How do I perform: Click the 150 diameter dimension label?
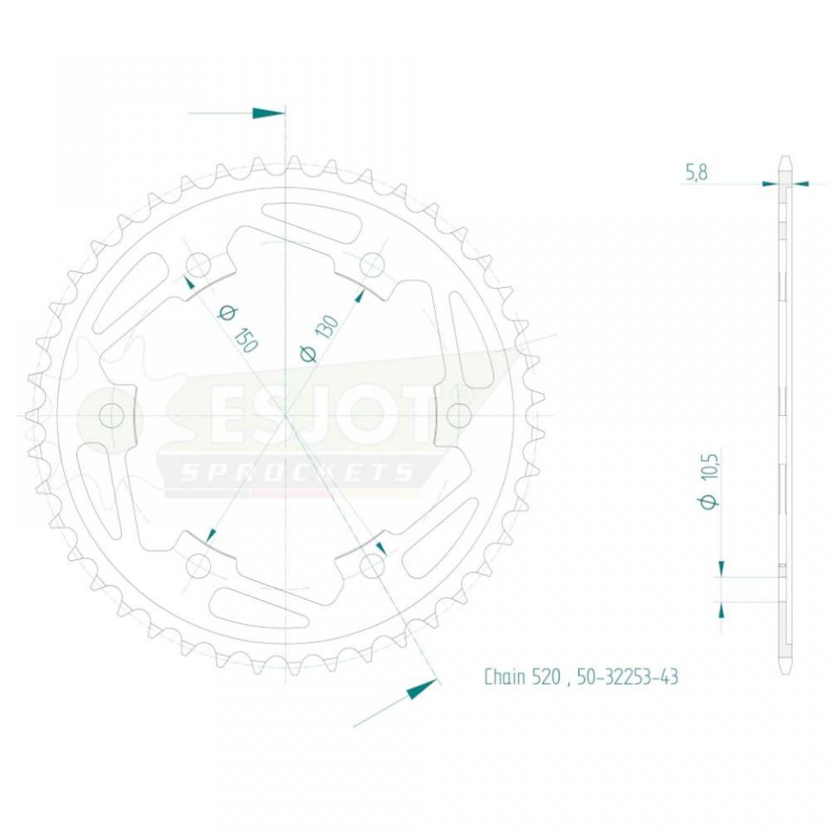pyautogui.click(x=238, y=329)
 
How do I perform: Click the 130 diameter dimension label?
pyautogui.click(x=319, y=338)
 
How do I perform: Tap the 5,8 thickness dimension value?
pyautogui.click(x=697, y=173)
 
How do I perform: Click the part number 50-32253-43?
pyautogui.click(x=628, y=677)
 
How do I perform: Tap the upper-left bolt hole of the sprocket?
pyautogui.click(x=199, y=265)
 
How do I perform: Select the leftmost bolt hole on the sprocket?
pyautogui.click(x=112, y=415)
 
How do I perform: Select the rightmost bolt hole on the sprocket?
pyautogui.click(x=459, y=415)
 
